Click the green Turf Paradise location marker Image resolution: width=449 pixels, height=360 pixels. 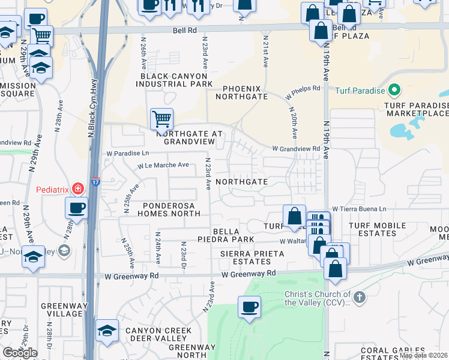pos(394,91)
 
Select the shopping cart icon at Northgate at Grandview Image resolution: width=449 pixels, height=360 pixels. pos(161,119)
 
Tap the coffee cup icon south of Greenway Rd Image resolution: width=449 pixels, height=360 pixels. pos(249,307)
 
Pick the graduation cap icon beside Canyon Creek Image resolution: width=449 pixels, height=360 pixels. pos(107,331)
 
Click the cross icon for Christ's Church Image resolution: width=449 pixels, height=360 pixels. pos(358,298)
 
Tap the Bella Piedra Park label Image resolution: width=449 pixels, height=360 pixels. pos(234,235)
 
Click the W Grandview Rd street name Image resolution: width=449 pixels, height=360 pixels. pos(296,148)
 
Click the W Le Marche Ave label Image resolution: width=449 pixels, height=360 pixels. pos(163,165)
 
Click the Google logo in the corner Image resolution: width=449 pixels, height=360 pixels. pos(20,353)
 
